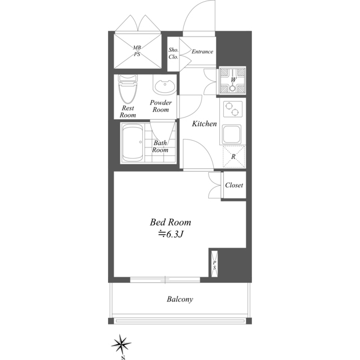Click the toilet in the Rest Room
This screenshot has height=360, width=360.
pos(128,89)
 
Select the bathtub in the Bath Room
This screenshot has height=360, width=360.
pos(133,143)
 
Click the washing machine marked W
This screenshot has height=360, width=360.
pos(232,80)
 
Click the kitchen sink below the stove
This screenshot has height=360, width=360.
pos(232,134)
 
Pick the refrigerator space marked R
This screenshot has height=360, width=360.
pos(234,156)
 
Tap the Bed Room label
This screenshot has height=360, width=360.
pos(170,222)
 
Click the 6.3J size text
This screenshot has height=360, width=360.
pos(170,234)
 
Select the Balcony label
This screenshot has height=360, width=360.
pos(180,299)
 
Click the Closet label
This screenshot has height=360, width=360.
pos(234,185)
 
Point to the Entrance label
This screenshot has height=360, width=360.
pos(202,52)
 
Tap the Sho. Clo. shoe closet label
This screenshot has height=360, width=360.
pos(173,53)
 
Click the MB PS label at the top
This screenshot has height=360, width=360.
pos(137,51)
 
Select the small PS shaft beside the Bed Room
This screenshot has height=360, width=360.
pos(214,264)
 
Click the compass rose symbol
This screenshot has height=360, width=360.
pos(121,344)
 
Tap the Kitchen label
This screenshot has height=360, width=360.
pos(204,124)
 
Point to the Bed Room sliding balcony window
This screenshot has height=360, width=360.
pos(165,280)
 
